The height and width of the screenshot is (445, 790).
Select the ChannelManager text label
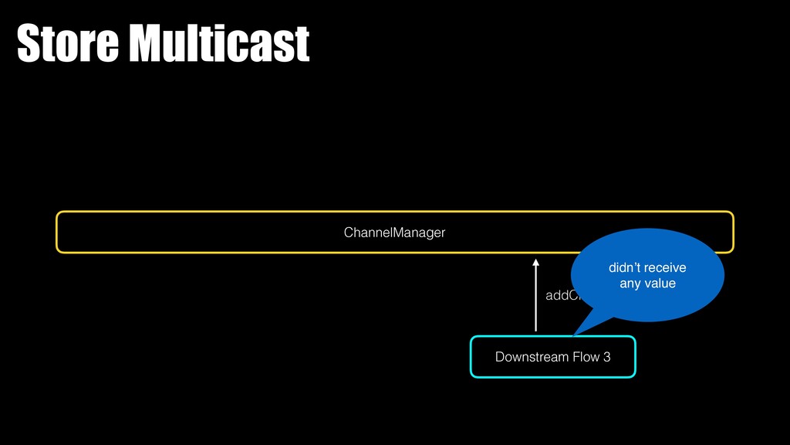tap(394, 232)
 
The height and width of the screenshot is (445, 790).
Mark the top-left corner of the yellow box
tap(58, 213)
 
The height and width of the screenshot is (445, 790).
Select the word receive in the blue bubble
tap(665, 268)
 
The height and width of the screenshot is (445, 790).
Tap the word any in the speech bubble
tap(630, 284)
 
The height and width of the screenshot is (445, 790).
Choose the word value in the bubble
tap(660, 284)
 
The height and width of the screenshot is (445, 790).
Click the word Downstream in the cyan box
tap(528, 357)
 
